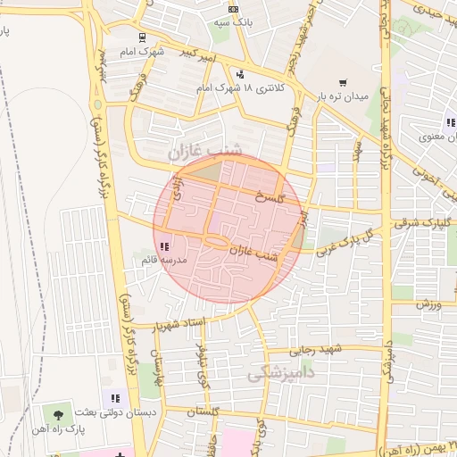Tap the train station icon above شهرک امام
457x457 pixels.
(143, 37)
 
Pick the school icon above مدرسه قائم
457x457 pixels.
(163, 246)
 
